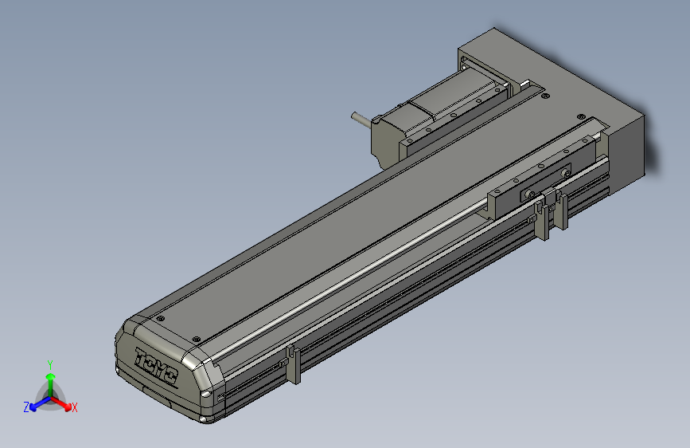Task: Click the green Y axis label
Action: tap(49, 364)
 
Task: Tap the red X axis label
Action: tap(75, 407)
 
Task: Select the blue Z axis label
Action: tap(26, 407)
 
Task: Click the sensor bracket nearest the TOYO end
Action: tap(292, 365)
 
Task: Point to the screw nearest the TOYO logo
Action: tap(196, 338)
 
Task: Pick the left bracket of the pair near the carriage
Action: tap(543, 219)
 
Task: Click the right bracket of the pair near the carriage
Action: tap(563, 209)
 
